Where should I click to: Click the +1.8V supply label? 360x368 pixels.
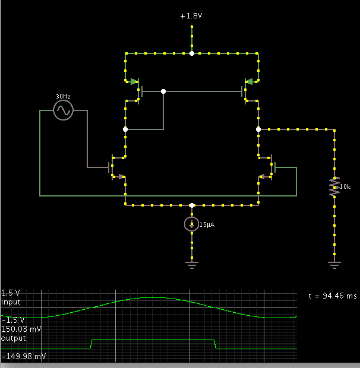(192, 16)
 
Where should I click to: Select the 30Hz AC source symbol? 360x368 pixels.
(63, 110)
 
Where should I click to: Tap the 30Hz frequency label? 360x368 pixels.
(63, 96)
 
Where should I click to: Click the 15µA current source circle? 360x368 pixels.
(192, 224)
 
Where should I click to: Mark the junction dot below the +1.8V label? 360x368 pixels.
(192, 53)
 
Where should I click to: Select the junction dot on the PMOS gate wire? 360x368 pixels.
(163, 91)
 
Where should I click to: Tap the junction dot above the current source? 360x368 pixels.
(192, 205)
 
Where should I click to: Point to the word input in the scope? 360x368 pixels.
(11, 302)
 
